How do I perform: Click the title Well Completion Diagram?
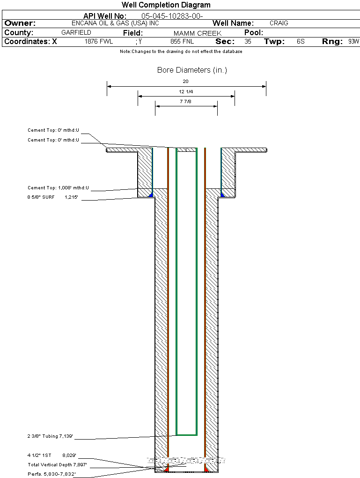(x=166, y=5)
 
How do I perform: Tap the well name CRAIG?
(x=279, y=23)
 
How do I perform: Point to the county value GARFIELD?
(x=76, y=33)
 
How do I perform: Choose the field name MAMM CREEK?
(x=197, y=33)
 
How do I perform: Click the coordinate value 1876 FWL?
(x=99, y=42)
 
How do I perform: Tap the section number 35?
(x=248, y=42)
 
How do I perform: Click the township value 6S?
(x=301, y=42)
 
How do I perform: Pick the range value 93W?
(x=353, y=42)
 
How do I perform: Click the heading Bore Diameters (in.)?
(x=192, y=70)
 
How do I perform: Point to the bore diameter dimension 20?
(x=186, y=82)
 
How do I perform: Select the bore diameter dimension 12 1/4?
(x=186, y=92)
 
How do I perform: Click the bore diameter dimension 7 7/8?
(x=186, y=102)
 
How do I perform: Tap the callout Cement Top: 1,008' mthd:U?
(x=58, y=188)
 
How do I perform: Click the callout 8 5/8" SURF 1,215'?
(x=52, y=198)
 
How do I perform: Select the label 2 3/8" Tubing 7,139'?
(x=50, y=437)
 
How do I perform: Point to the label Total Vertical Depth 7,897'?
(x=57, y=464)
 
